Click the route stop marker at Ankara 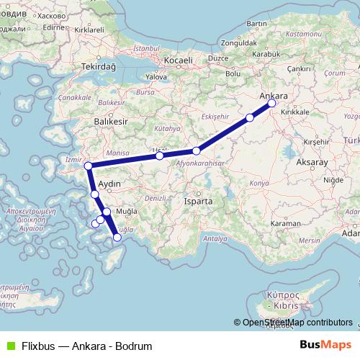click(x=272, y=103)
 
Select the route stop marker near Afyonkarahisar click(x=196, y=151)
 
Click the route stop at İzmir click(x=88, y=166)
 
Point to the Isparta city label click(x=197, y=202)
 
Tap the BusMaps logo click(x=325, y=346)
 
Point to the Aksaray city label click(x=311, y=163)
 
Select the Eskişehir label click(x=215, y=116)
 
